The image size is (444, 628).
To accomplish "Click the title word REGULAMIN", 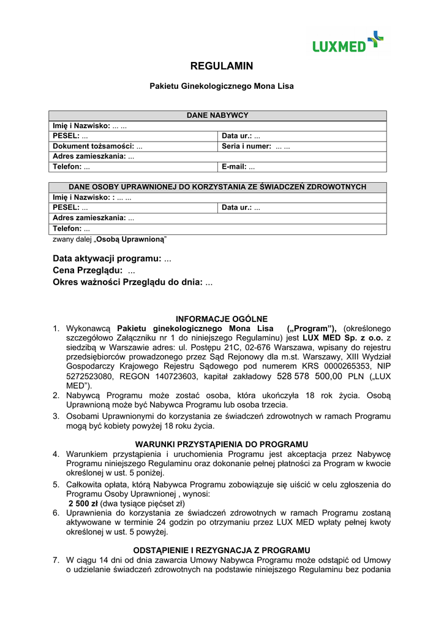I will tap(222, 66).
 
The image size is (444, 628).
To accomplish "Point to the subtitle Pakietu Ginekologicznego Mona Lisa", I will tap(222, 86).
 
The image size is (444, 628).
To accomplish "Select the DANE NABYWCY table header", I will tap(217, 115).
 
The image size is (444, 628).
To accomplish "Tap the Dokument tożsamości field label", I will tap(94, 147).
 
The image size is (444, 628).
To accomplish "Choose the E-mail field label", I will tap(235, 167).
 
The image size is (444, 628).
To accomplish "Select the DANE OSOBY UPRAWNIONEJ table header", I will tap(217, 186).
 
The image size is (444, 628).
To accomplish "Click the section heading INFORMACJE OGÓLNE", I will tap(222, 319).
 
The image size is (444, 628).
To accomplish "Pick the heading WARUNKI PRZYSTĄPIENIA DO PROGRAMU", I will tap(222, 444).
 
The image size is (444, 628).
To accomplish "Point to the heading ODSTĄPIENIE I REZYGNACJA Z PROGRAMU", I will tap(222, 550).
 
